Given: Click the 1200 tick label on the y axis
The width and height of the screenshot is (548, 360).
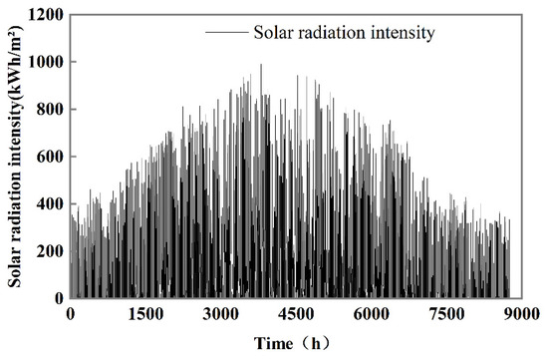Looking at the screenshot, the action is [47, 15].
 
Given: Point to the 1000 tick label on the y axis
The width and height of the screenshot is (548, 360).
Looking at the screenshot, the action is [47, 62].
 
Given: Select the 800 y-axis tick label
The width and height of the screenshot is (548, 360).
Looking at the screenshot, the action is [51, 110].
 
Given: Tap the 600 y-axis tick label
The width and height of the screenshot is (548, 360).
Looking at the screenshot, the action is [51, 157].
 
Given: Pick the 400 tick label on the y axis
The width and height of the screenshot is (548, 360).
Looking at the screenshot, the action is [51, 204].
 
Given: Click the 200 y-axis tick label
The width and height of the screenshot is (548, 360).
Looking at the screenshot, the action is [51, 251].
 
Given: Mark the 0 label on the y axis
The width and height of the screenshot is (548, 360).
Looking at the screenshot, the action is [60, 298].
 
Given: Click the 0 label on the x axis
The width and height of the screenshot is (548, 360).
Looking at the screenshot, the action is [71, 314].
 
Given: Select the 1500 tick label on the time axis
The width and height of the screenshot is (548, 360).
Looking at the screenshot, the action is [145, 314].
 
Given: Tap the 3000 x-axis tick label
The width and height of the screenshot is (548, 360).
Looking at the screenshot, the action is [221, 314].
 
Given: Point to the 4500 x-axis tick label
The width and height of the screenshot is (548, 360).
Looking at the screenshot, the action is [296, 314].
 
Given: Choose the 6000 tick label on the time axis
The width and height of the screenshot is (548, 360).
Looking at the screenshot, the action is [372, 314].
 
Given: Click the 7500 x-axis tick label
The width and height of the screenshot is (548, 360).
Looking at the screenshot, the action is [446, 314].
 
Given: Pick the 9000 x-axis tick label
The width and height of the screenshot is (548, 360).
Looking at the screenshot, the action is [522, 314].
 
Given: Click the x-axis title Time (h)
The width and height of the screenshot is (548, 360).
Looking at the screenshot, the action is [292, 344].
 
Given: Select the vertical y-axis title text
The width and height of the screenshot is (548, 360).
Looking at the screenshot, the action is [15, 157].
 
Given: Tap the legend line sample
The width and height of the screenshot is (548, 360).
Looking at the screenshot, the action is [226, 33].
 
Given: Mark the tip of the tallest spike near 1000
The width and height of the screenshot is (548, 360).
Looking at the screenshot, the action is [261, 65].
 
